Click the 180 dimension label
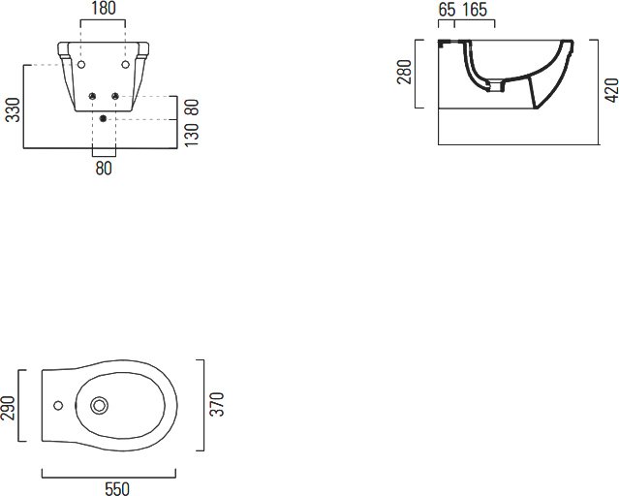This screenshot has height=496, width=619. click(104, 9)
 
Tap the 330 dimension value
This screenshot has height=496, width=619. click(13, 109)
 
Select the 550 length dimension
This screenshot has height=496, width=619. click(117, 488)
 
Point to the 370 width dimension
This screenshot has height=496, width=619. click(217, 404)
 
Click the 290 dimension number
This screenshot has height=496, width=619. click(8, 408)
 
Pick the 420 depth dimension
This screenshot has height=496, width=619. click(611, 90)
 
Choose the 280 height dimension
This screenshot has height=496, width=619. click(404, 72)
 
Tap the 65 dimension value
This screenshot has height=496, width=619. click(447, 10)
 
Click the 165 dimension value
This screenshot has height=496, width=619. click(475, 10)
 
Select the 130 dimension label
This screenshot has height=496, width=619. click(192, 135)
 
